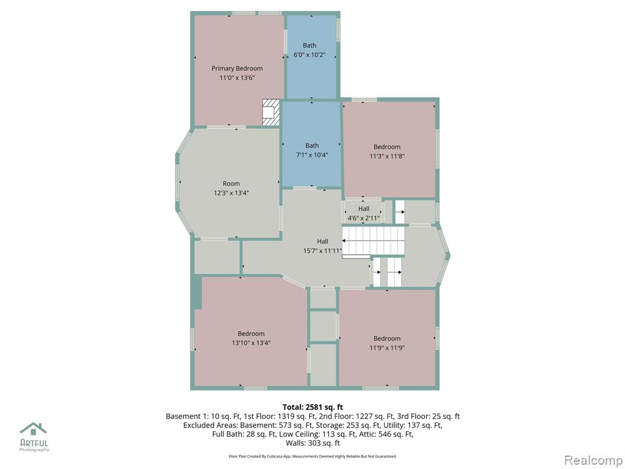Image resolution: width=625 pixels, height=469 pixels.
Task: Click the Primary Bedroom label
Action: [x=237, y=68]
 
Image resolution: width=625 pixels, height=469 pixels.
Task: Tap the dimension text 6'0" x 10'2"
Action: [x=309, y=55]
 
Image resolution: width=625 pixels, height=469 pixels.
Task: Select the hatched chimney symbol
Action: [x=271, y=113]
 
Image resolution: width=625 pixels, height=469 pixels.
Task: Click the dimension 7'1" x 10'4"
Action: [x=312, y=155]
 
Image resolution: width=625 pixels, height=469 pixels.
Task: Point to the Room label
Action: [x=231, y=183]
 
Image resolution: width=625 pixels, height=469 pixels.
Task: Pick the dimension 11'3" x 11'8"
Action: [x=387, y=156]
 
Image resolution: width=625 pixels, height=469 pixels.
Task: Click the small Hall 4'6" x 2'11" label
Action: [x=364, y=213]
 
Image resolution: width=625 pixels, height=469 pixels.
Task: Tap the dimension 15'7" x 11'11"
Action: [x=322, y=251]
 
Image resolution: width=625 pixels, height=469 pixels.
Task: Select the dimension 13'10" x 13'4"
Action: [x=251, y=343]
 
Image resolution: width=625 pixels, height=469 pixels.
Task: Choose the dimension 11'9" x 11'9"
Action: [x=387, y=347]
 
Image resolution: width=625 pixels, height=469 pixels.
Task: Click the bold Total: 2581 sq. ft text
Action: [x=313, y=407]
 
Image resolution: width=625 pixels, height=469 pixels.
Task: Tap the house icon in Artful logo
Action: [x=34, y=429]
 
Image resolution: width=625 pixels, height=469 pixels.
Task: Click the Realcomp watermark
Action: [x=593, y=460]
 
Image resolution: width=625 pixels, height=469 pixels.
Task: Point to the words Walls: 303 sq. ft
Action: [x=313, y=443]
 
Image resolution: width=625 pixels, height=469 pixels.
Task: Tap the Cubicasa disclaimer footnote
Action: [x=313, y=456]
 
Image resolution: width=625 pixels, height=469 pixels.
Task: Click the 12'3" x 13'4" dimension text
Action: [x=231, y=193]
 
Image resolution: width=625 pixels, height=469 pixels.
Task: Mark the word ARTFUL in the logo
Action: [x=34, y=443]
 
